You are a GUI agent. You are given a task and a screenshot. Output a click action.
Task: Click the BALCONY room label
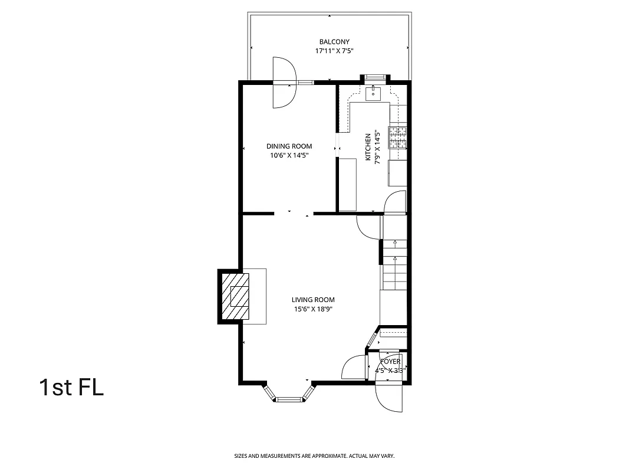pyautogui.click(x=334, y=42)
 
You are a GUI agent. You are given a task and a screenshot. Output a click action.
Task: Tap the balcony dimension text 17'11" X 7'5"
pyautogui.click(x=334, y=51)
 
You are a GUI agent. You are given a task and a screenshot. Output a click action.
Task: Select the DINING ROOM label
pyautogui.click(x=289, y=146)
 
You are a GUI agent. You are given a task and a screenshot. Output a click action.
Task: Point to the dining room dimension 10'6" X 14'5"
pyautogui.click(x=289, y=156)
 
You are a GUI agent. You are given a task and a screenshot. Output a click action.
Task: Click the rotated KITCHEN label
pyautogui.click(x=368, y=147)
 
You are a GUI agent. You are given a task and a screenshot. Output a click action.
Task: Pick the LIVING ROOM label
pyautogui.click(x=312, y=300)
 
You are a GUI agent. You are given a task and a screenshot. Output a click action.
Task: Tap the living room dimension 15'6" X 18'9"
pyautogui.click(x=312, y=309)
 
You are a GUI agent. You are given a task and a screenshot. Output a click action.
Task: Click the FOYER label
pyautogui.click(x=390, y=362)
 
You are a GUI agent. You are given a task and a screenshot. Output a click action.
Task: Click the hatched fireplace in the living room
pyautogui.click(x=234, y=296)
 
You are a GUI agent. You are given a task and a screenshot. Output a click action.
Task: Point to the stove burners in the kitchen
pyautogui.click(x=397, y=137)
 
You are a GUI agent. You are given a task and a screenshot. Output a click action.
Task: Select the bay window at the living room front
pyautogui.click(x=288, y=396)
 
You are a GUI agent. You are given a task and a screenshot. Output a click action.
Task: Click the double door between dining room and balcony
pyautogui.click(x=284, y=83)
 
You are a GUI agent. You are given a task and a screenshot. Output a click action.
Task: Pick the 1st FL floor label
pyautogui.click(x=71, y=388)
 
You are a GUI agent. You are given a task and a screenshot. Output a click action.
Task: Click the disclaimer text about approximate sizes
pyautogui.click(x=314, y=456)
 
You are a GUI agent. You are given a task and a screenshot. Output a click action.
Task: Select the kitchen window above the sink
pyautogui.click(x=375, y=77)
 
